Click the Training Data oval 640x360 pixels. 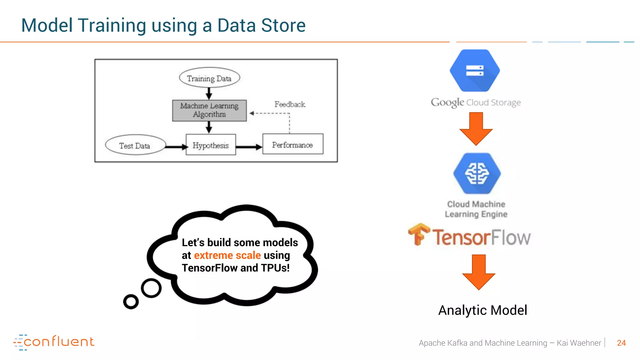coord(209,78)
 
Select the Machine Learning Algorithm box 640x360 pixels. coord(209,110)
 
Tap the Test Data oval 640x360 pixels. coord(135,145)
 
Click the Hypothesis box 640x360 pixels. coord(211,145)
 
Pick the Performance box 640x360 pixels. coord(293,144)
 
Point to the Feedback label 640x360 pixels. coord(290,104)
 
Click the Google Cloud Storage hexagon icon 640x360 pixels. coord(475,71)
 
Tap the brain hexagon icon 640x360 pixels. coord(477,173)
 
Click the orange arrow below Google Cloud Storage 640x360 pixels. coord(476,128)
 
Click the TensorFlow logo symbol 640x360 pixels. coord(418,234)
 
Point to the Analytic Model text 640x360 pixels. coord(482,310)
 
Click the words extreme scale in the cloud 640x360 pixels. coord(227,255)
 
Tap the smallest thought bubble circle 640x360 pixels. coord(131,302)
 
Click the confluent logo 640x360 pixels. coord(54,342)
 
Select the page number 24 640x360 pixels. coord(621,343)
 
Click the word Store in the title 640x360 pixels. coord(283,25)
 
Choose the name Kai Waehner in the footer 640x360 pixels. coord(579,343)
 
